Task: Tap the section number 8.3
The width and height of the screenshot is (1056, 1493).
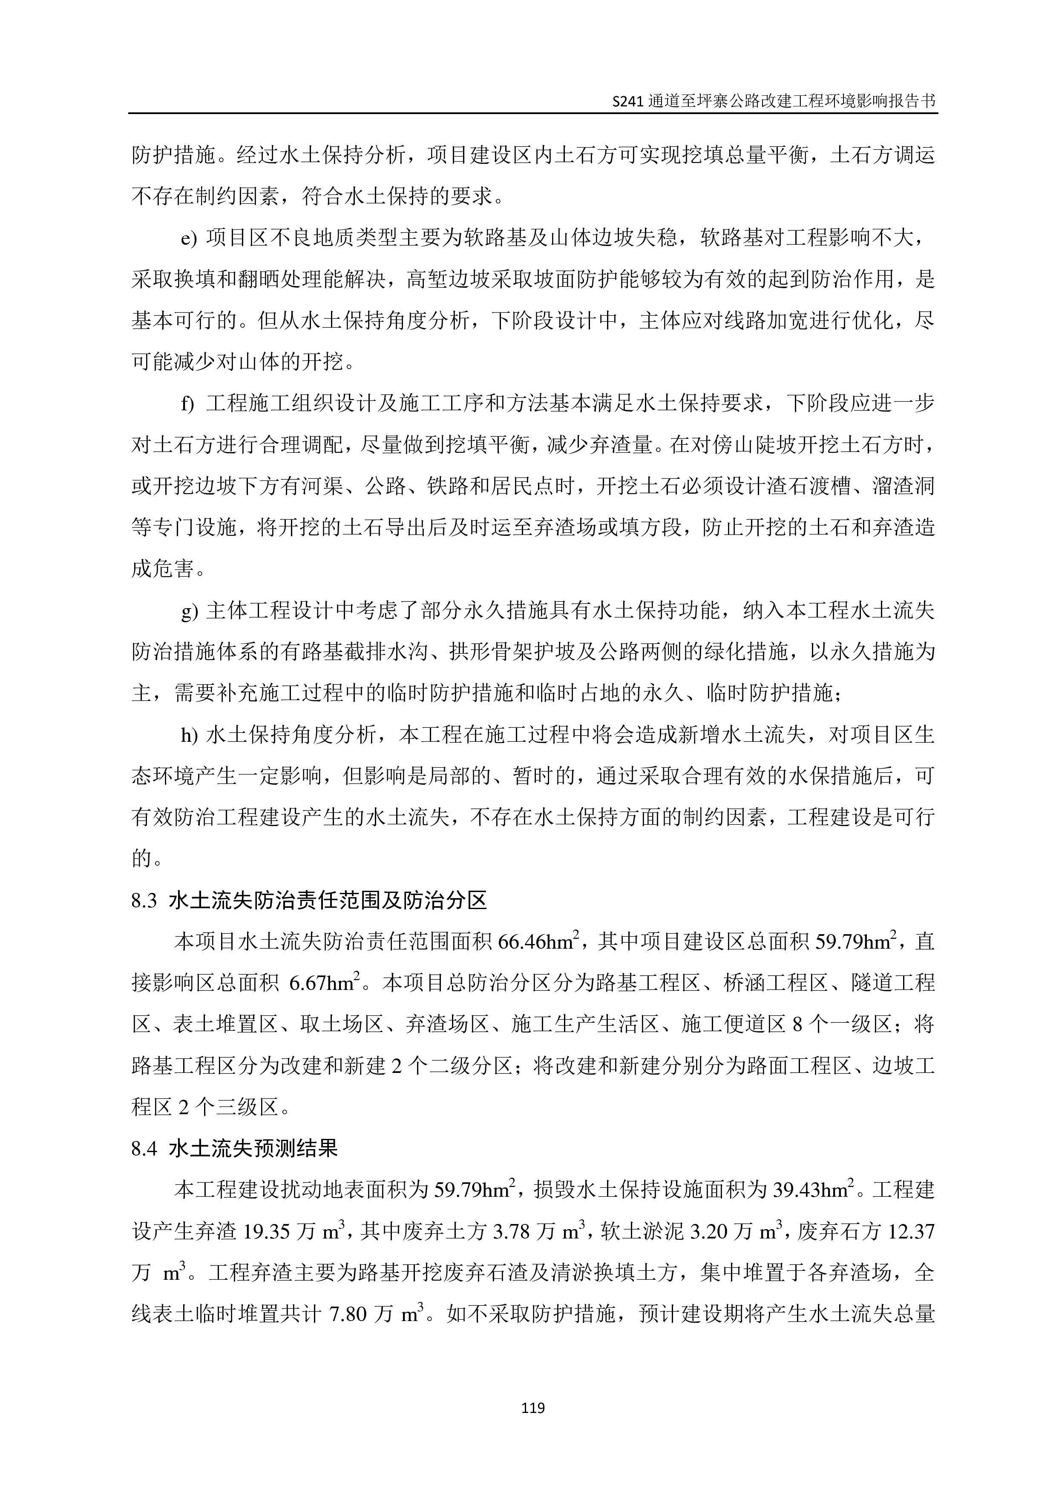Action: point(144,901)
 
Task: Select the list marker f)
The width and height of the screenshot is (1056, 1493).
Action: point(187,404)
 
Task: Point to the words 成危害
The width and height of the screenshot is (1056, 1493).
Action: point(163,569)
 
